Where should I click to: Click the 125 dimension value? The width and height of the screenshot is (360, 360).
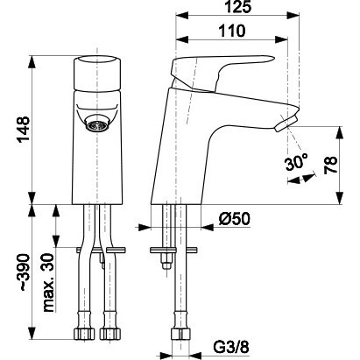click(238, 7)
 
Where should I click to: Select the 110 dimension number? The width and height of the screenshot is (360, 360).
click(232, 31)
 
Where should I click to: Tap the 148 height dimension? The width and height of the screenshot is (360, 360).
click(23, 129)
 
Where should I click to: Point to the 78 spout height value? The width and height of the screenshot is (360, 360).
click(330, 166)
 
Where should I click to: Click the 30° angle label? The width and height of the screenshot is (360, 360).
click(296, 162)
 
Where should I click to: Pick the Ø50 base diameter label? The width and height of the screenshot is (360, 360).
click(235, 219)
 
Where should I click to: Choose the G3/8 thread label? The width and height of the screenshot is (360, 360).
click(231, 348)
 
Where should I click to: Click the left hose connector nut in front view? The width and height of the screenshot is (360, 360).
click(84, 334)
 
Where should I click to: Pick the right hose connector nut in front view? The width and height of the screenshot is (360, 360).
click(110, 334)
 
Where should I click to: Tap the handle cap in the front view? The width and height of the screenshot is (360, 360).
click(97, 73)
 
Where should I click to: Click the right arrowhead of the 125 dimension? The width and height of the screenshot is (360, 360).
click(293, 16)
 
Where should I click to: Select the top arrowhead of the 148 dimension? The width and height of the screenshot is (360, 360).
click(32, 61)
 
